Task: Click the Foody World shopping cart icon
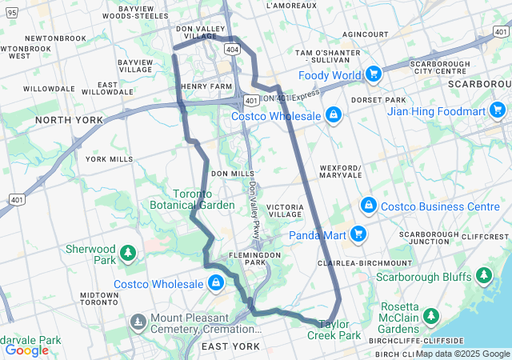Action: (373, 75)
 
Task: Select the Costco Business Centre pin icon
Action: (368, 206)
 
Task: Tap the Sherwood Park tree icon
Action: (127, 254)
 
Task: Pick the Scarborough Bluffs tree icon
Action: (483, 277)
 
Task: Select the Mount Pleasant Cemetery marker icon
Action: (138, 322)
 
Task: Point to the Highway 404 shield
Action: (231, 50)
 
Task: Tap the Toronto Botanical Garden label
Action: (192, 199)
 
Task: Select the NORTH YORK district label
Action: (69, 120)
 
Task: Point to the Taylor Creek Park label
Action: (334, 330)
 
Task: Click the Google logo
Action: (26, 350)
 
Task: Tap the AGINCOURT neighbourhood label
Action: (365, 35)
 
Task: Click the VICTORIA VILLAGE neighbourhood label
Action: (286, 211)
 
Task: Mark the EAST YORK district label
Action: (230, 346)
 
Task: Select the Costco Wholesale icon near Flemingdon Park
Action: (215, 283)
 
